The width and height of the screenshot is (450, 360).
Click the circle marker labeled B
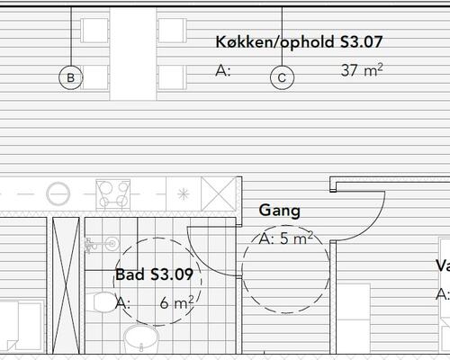pos(70,77)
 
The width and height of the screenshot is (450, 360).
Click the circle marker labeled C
pos(282,77)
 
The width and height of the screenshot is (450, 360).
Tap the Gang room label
pos(279,211)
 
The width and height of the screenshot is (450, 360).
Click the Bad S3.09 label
pos(154,274)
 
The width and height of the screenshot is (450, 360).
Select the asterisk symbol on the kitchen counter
pos(183,193)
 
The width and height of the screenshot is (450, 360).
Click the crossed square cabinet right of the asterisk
pos(217,193)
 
